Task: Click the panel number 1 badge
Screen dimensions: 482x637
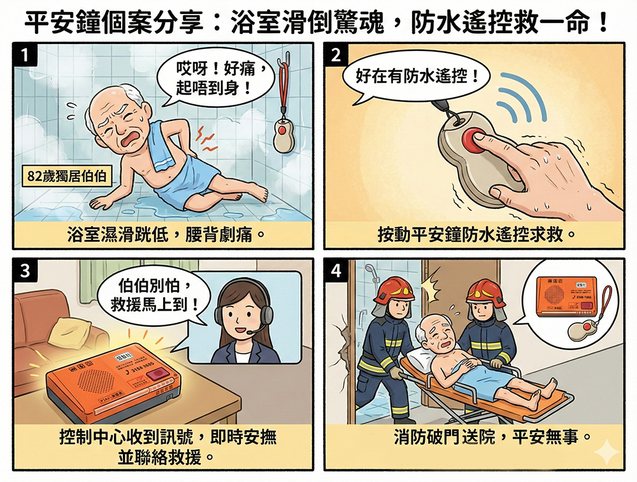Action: [24, 55]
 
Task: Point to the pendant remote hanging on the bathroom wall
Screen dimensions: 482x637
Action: [282, 133]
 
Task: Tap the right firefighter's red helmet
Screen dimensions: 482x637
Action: [485, 292]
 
